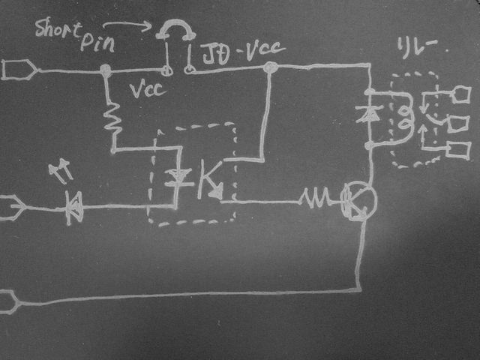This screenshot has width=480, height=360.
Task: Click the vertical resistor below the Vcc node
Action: [113, 120]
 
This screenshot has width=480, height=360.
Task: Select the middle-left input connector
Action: [13, 207]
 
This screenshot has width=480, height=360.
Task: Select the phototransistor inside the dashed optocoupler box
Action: [210, 181]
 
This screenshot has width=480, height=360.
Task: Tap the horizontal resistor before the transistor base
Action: [315, 199]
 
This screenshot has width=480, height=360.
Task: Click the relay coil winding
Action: [404, 117]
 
